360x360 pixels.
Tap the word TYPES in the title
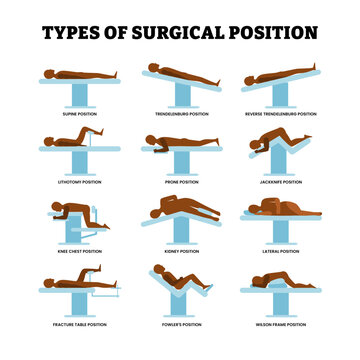pyautogui.click(x=75, y=32)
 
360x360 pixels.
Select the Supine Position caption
pyautogui.click(x=81, y=111)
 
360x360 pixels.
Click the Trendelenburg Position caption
pyautogui.click(x=180, y=111)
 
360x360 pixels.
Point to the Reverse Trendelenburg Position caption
pyautogui.click(x=279, y=111)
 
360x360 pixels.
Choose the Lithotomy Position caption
pyautogui.click(x=81, y=183)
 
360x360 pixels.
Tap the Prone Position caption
pyautogui.click(x=180, y=183)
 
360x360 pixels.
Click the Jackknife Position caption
pyautogui.click(x=279, y=183)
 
